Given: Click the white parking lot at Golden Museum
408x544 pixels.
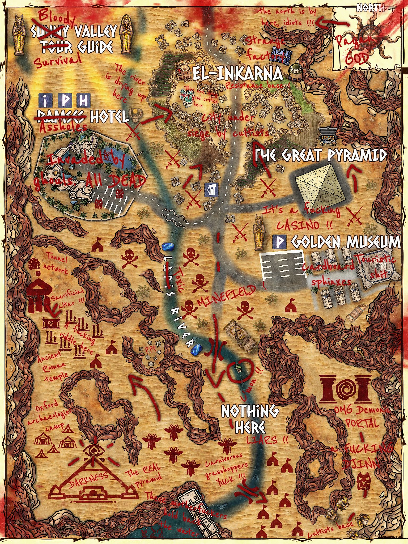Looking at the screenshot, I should tap(282, 266).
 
